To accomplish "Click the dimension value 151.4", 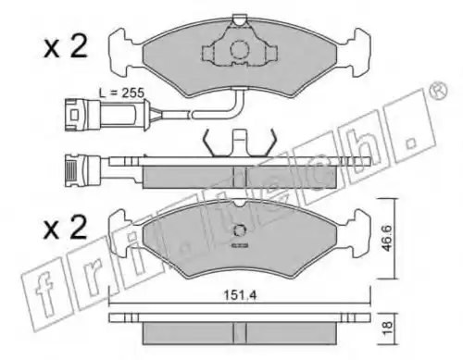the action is click(240, 295).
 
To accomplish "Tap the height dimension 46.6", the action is click(386, 238).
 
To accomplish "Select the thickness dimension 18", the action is click(387, 328).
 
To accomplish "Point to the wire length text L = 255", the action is click(121, 93).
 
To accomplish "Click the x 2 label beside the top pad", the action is click(66, 47).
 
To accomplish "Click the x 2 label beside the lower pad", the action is click(66, 228).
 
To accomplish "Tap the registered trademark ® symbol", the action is click(439, 91).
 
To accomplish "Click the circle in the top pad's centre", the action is click(240, 49).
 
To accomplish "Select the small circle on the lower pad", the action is click(240, 230).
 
